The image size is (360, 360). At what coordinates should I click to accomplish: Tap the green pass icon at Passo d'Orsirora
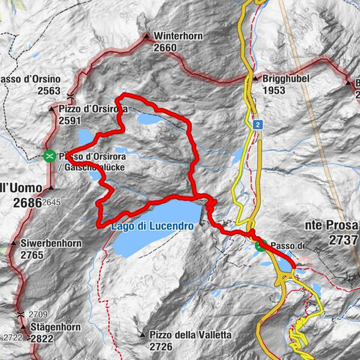(49, 156)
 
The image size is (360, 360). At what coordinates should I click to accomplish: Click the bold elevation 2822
(42, 339)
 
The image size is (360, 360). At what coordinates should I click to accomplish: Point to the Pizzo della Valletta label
(187, 334)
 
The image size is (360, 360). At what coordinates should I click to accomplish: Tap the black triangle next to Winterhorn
(148, 35)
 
